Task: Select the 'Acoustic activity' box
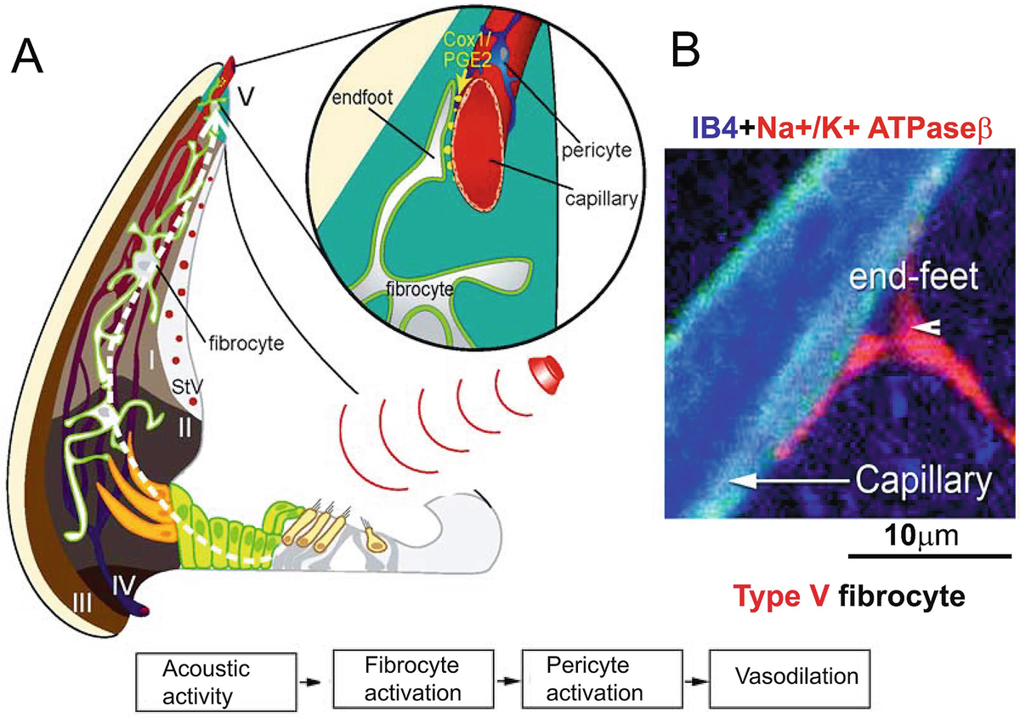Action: click(x=215, y=681)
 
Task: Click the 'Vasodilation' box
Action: click(x=785, y=677)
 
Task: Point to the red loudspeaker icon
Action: click(x=546, y=372)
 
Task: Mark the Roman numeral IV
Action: click(x=126, y=584)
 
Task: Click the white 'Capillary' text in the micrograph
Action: click(x=921, y=482)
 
